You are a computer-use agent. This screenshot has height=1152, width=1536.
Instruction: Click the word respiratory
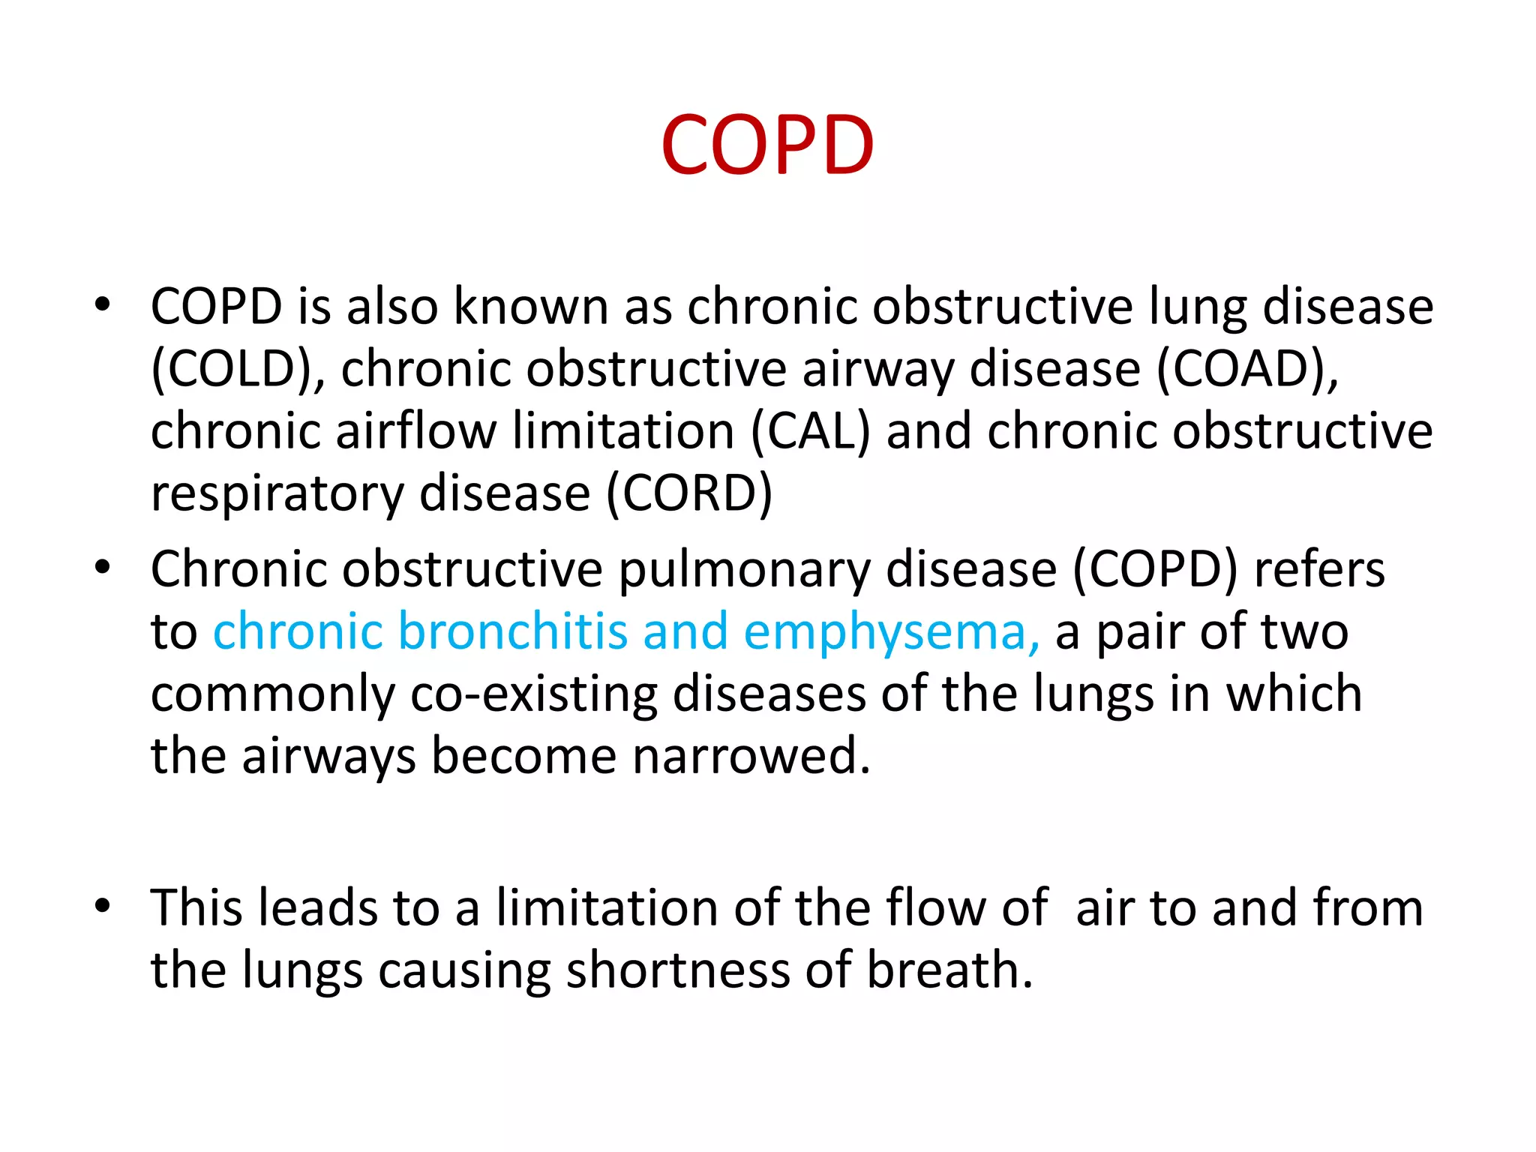(277, 495)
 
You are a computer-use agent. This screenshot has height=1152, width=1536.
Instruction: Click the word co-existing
(533, 694)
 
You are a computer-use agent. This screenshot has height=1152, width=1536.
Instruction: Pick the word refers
(1319, 569)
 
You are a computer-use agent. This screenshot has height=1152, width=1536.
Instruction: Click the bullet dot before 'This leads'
(103, 906)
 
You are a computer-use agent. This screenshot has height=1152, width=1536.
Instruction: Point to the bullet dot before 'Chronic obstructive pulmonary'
(103, 568)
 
